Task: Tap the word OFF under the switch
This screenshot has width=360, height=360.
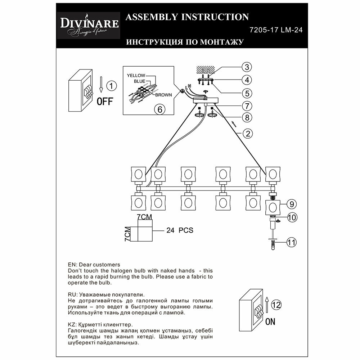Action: tap(105, 101)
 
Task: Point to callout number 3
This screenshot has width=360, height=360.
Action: tap(246, 67)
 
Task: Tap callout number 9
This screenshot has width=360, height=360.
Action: tap(292, 204)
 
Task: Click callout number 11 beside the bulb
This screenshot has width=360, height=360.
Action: tap(292, 243)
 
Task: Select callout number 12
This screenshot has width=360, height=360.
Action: tap(276, 305)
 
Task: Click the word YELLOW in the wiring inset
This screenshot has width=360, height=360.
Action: tap(136, 76)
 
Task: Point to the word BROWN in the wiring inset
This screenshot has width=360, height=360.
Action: tap(163, 95)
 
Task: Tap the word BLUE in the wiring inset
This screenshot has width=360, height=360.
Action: tap(140, 81)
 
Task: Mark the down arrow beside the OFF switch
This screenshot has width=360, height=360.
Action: tap(102, 85)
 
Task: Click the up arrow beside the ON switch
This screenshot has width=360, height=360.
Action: tap(267, 305)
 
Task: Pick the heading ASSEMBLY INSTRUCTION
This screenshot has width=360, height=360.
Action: tap(186, 17)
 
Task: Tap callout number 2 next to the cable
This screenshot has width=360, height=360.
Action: tap(247, 134)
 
